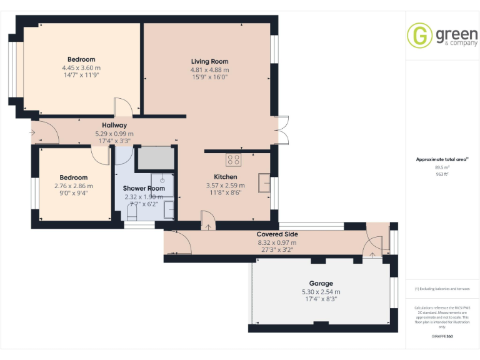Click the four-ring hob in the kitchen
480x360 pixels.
click(233, 160)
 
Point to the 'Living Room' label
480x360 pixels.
click(209, 61)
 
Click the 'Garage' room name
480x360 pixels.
click(321, 283)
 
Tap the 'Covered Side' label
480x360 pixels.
click(277, 234)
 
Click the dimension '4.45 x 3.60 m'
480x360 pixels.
click(81, 67)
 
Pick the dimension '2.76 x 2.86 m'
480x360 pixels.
click(73, 186)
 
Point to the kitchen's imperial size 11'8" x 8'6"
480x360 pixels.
click(225, 192)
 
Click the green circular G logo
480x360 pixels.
click(419, 35)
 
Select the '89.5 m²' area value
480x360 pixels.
click(442, 167)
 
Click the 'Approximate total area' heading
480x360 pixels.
click(441, 159)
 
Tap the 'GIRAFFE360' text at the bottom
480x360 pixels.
click(442, 337)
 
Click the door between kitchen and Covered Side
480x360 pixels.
click(207, 219)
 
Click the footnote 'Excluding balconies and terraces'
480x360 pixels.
click(442, 289)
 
